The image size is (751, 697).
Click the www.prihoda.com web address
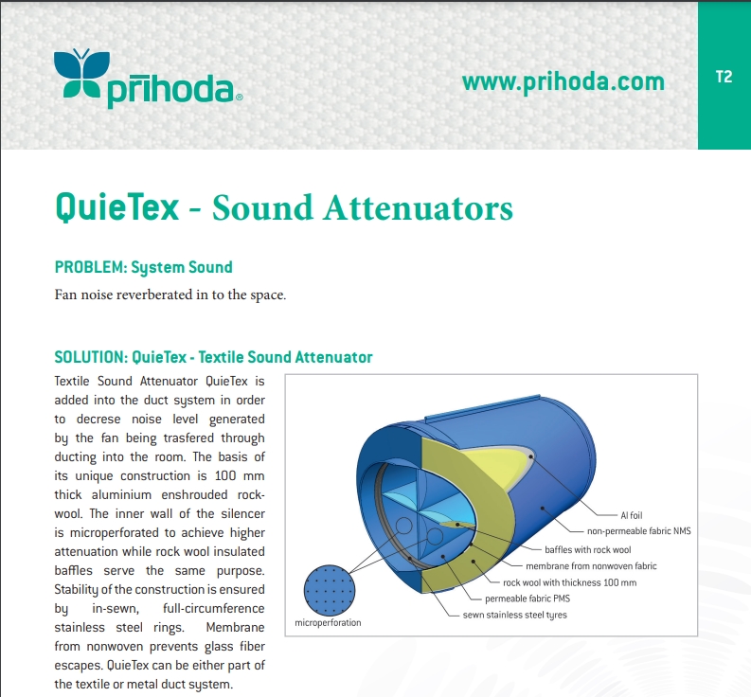click(563, 81)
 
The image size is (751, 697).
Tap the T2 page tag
click(724, 77)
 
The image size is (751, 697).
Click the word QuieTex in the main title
click(116, 208)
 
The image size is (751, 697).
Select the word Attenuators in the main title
click(418, 208)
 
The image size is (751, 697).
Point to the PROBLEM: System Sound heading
click(144, 267)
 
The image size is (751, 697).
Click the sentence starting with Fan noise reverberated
click(170, 295)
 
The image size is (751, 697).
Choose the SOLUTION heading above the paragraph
click(214, 357)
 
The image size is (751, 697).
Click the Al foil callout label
click(632, 515)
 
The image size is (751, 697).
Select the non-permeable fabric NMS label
click(639, 530)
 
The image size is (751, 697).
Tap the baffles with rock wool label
click(588, 549)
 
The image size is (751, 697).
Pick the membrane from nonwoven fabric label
click(591, 565)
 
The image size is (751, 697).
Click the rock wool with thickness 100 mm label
click(569, 582)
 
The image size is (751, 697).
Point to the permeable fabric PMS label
click(527, 599)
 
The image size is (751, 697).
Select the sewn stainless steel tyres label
click(514, 615)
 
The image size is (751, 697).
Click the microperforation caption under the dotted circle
click(328, 623)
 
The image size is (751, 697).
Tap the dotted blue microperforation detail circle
click(330, 590)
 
